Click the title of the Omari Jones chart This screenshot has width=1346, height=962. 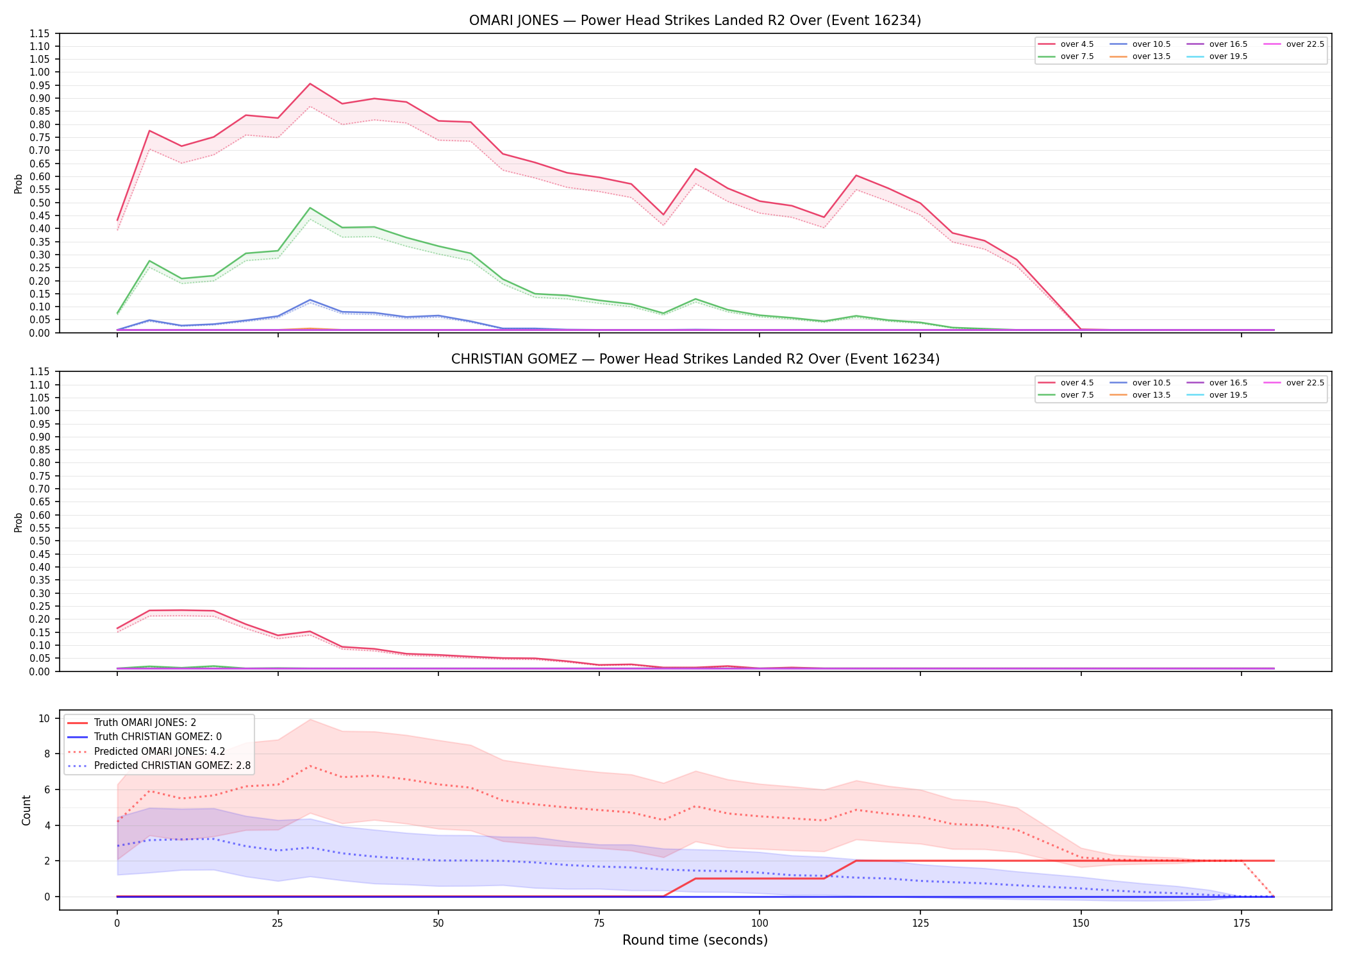(x=695, y=21)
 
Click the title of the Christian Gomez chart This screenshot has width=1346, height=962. (x=695, y=359)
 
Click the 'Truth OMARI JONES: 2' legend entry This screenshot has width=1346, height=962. (x=132, y=723)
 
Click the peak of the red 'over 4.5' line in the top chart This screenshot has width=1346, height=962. (x=310, y=83)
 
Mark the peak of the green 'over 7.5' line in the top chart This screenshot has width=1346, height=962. (x=310, y=208)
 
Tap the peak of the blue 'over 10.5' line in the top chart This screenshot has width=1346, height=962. (x=310, y=300)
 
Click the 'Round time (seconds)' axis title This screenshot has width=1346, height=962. (x=695, y=940)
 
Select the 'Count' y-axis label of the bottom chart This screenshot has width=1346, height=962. (x=26, y=810)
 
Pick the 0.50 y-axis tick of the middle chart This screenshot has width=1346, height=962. (x=40, y=541)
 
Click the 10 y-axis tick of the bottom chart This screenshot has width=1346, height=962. (x=44, y=718)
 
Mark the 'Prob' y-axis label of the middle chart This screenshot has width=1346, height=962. (x=19, y=522)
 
